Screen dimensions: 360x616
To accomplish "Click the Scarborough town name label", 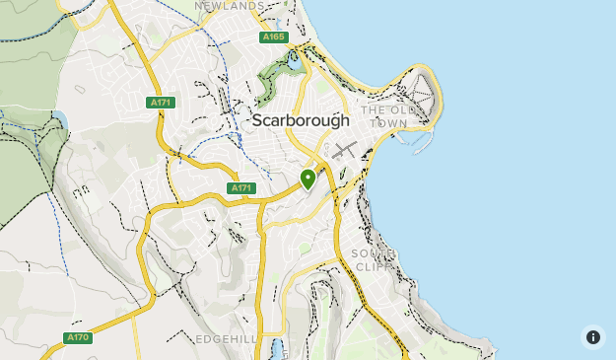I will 300,120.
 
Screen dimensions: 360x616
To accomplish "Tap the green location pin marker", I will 308,179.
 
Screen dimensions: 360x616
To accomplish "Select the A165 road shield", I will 273,37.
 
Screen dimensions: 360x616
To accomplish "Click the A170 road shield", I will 79,337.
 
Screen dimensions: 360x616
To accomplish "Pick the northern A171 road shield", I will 161,103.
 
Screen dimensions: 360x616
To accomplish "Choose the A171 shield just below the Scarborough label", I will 241,187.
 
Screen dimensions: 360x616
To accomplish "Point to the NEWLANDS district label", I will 230,5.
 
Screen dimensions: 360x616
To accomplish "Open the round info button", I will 592,336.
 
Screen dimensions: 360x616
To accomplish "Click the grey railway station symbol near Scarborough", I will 344,151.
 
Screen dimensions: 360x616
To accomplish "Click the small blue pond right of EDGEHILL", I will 279,349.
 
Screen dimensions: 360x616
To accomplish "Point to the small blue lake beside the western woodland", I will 58,121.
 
